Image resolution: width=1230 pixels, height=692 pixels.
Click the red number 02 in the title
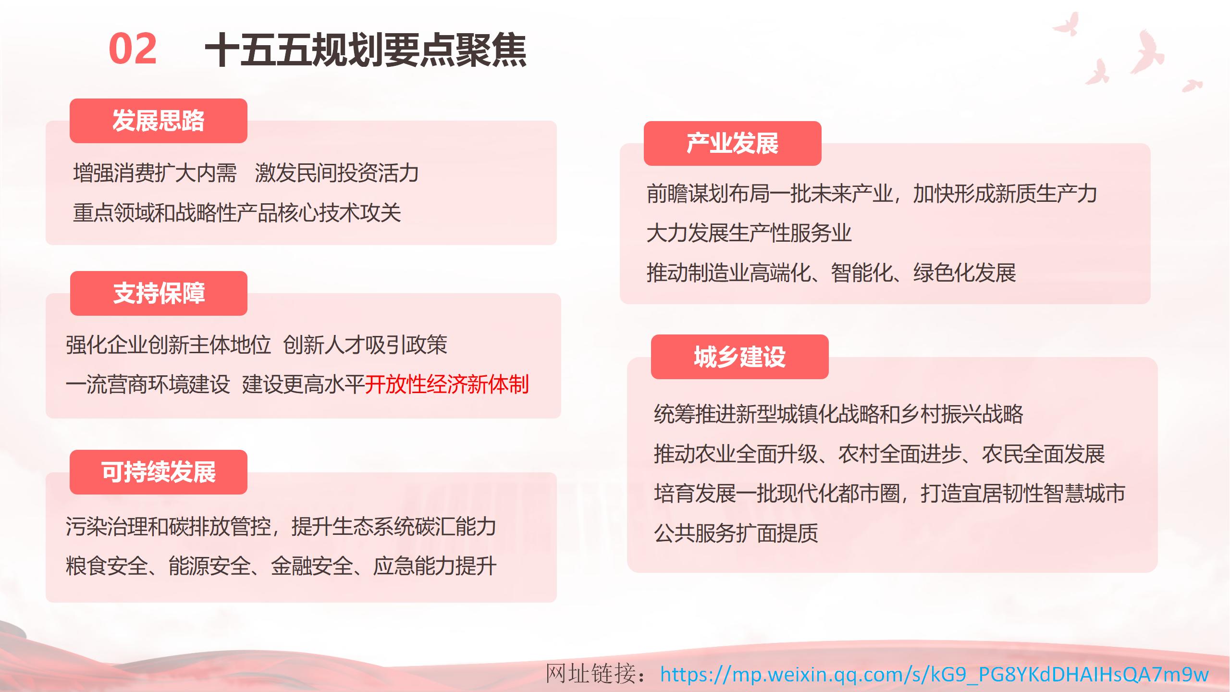click(133, 49)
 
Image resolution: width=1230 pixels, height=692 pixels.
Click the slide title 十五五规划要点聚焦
click(366, 50)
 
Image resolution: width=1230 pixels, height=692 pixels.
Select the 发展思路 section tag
click(159, 121)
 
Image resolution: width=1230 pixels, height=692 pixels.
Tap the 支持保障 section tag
click(159, 293)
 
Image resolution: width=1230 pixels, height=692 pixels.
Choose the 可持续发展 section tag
click(159, 472)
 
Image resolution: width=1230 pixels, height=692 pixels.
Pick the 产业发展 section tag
click(733, 143)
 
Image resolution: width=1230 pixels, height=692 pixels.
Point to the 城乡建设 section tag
click(740, 357)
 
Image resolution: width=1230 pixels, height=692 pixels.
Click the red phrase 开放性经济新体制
click(447, 384)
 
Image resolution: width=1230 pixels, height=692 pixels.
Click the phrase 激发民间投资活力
click(337, 173)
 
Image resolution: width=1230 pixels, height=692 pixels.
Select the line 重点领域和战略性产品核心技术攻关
click(237, 213)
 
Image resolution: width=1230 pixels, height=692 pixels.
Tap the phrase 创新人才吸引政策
click(365, 345)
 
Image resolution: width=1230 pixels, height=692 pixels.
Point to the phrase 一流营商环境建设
click(148, 384)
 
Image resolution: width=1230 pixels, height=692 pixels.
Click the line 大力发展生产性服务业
click(749, 234)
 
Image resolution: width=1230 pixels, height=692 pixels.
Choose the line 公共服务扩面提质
click(736, 533)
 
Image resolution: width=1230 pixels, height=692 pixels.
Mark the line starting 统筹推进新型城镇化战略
click(838, 414)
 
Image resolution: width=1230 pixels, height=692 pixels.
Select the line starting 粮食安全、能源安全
click(281, 566)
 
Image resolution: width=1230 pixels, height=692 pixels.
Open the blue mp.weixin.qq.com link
click(934, 675)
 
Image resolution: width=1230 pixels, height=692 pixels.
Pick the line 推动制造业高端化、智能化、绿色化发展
click(831, 273)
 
